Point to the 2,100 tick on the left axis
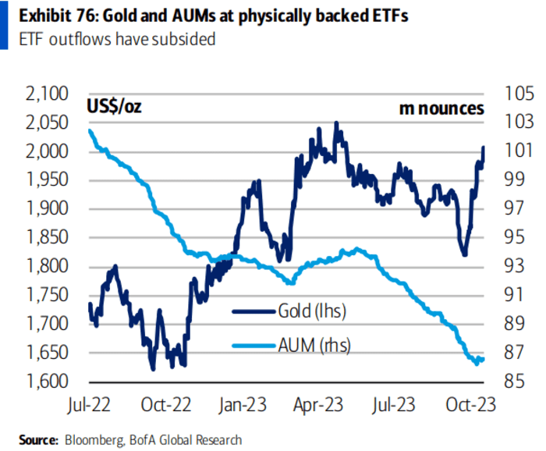(x=48, y=94)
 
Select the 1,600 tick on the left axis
(x=48, y=382)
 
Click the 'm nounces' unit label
(x=441, y=108)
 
